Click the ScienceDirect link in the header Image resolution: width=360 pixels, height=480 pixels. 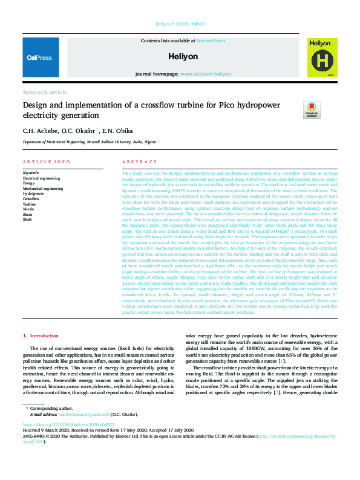tap(211, 41)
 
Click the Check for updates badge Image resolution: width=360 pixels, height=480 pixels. tap(312, 109)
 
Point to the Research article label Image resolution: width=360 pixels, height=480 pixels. tap(45, 92)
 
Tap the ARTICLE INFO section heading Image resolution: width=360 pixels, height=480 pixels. tap(47, 162)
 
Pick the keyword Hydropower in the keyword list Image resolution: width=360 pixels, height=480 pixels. tap(34, 193)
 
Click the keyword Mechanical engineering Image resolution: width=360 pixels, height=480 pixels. tap(43, 189)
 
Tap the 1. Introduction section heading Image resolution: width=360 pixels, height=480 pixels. tap(41, 336)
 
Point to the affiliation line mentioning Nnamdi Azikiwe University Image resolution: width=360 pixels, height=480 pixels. tap(89, 142)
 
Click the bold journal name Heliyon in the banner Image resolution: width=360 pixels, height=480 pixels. tap(184, 56)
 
